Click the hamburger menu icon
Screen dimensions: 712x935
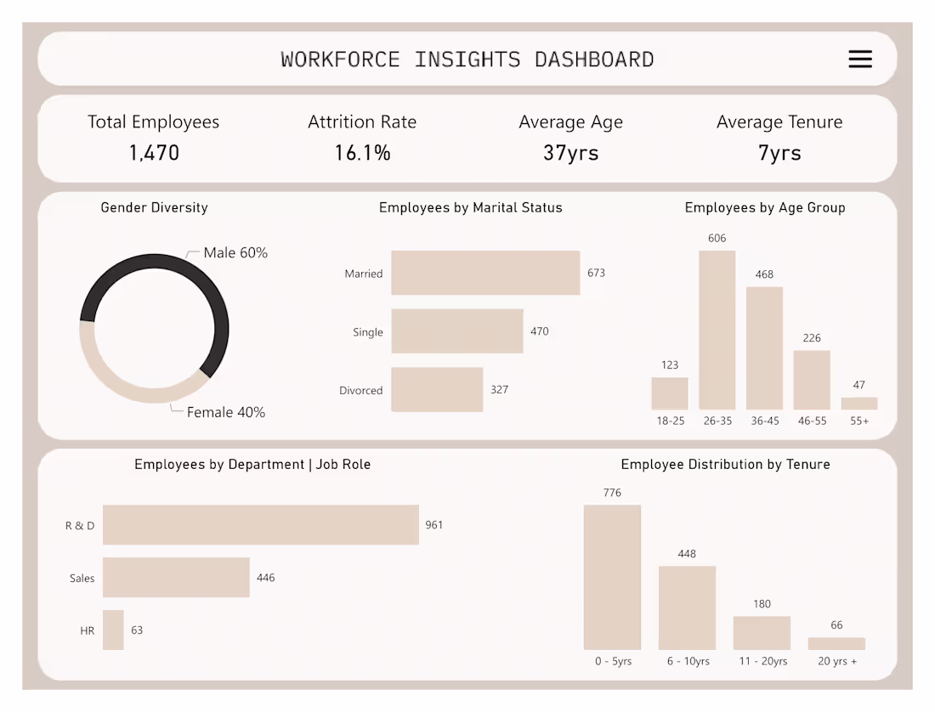coord(860,59)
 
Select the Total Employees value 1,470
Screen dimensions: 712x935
coord(154,153)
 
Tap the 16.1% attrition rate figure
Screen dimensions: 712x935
coord(362,153)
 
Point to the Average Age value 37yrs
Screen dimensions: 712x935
coord(570,153)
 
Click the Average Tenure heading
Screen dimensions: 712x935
coord(779,122)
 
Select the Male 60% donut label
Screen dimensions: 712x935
coord(235,253)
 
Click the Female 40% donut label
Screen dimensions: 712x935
coord(226,412)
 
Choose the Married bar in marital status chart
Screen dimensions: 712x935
coord(485,273)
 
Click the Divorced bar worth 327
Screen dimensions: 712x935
coord(437,390)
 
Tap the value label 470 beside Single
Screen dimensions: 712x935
coord(540,331)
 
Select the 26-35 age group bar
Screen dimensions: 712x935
coord(717,331)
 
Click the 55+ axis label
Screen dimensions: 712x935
coord(859,421)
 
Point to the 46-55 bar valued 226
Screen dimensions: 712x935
coord(812,380)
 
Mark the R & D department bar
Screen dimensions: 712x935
coord(261,525)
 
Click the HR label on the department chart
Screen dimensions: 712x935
coord(87,630)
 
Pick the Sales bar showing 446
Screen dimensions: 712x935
coord(176,578)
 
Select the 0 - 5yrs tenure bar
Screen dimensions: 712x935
coord(612,577)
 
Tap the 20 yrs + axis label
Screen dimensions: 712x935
coord(837,661)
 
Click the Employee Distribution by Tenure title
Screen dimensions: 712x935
coord(725,465)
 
